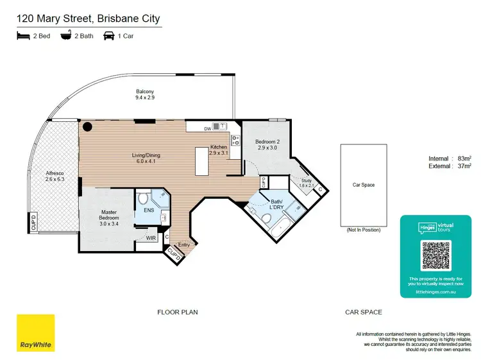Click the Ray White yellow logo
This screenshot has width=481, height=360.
(x=35, y=333)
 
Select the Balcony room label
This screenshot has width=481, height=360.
(x=144, y=94)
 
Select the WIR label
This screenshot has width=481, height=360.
(x=151, y=238)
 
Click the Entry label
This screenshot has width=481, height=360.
(x=184, y=244)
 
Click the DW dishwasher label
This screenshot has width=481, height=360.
(x=207, y=129)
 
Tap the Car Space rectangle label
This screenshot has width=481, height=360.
(x=364, y=185)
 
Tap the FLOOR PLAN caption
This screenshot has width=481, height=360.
(x=178, y=313)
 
